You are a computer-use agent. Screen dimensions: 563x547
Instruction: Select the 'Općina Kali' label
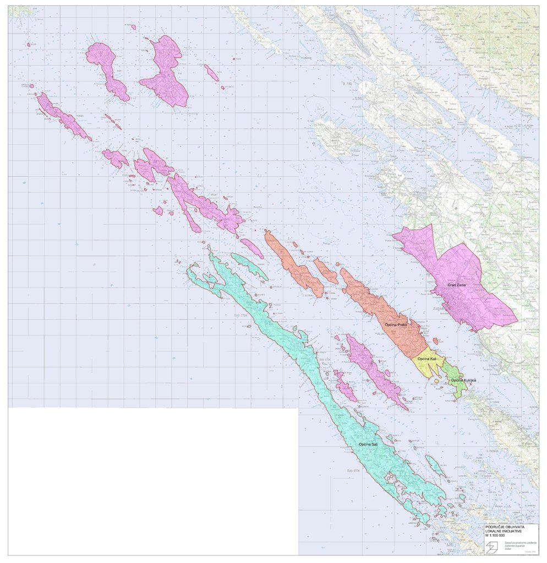coord(427,360)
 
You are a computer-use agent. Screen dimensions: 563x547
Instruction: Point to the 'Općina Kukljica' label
coord(463,380)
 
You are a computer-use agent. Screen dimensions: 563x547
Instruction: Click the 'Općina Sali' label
coord(368,444)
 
